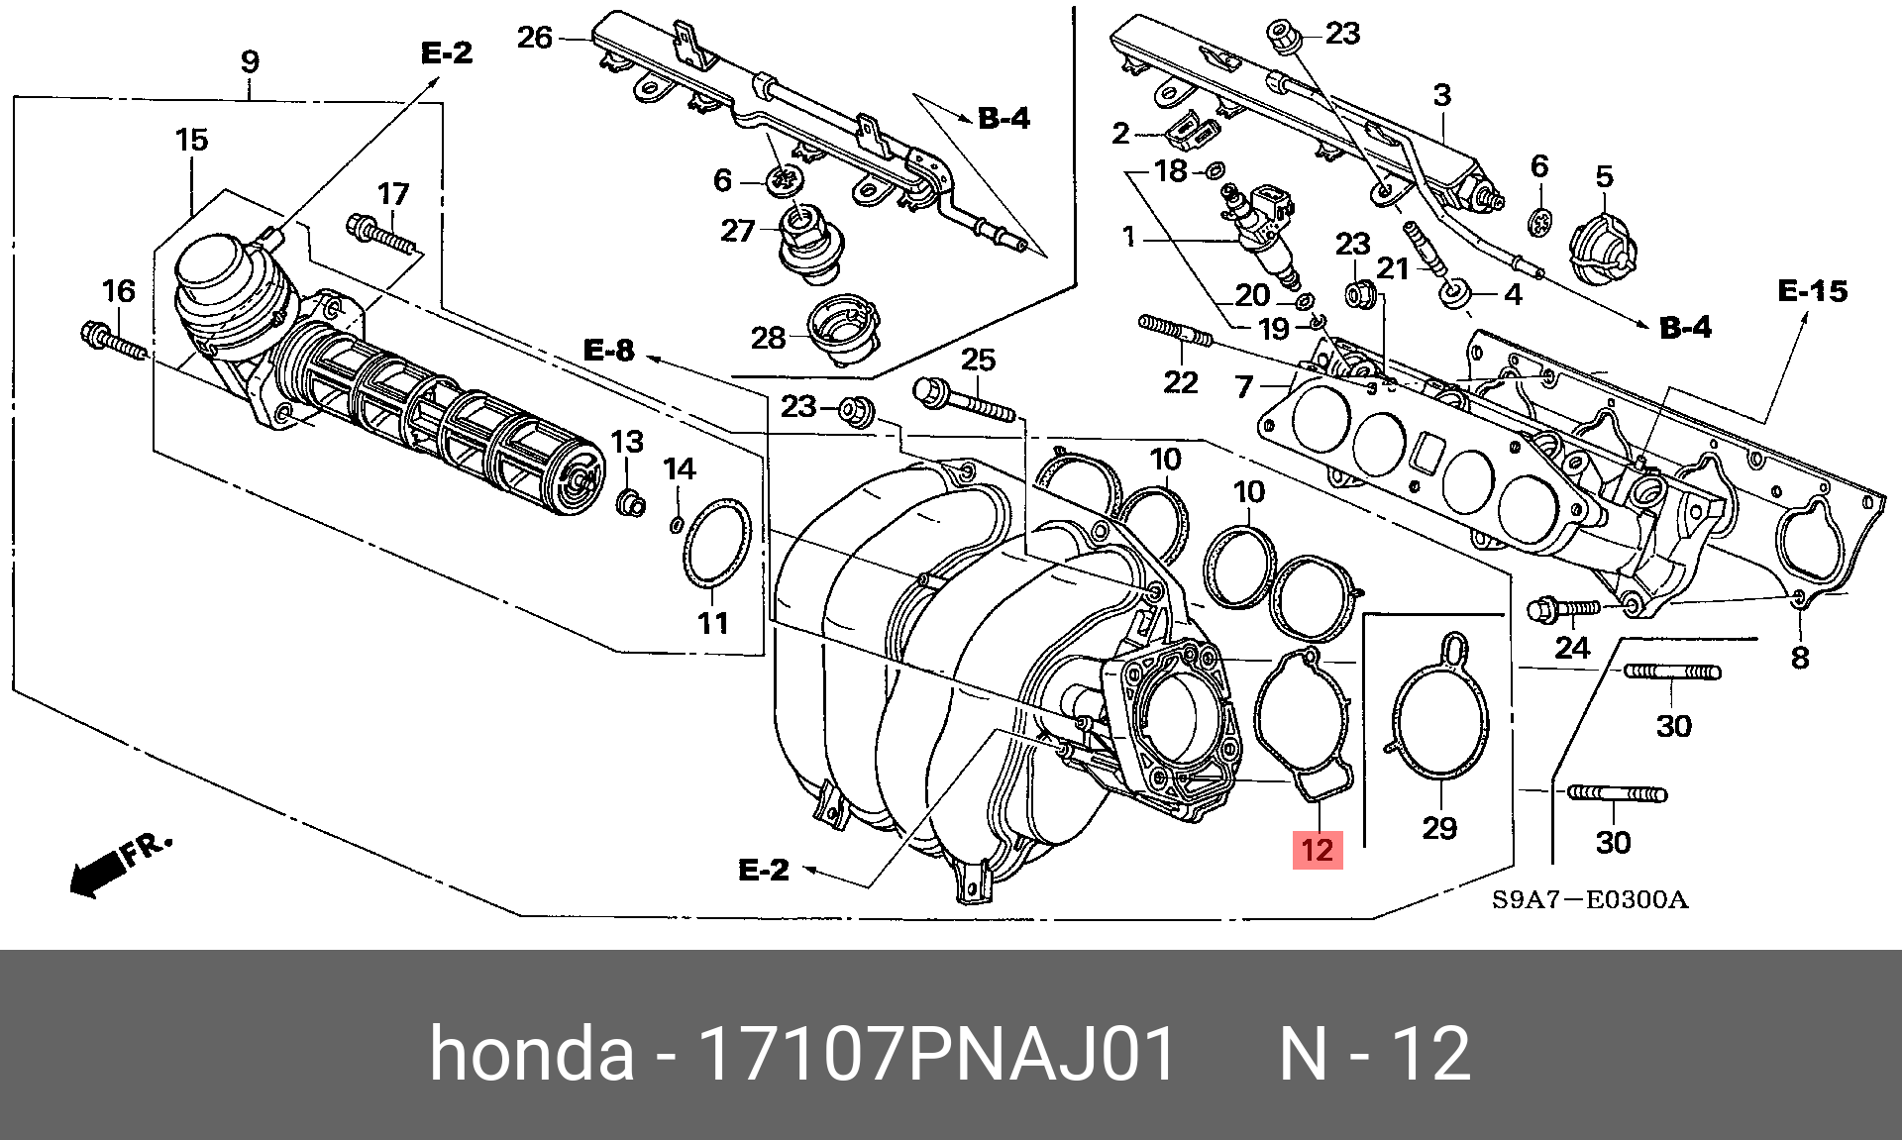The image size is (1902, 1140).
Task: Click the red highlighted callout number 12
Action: coord(1318,850)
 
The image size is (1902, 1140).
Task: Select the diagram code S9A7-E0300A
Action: coord(1590,900)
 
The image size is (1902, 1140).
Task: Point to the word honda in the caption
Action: coord(531,1053)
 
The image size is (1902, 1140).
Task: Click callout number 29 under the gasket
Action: coord(1439,828)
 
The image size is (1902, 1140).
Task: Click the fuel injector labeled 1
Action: coord(1259,228)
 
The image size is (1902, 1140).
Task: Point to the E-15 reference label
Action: coord(1812,291)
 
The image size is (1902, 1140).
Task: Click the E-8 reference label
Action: coord(608,351)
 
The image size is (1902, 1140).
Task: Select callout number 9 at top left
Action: coord(250,61)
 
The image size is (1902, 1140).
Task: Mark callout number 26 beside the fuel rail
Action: coord(534,38)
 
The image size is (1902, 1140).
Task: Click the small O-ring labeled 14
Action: coord(677,524)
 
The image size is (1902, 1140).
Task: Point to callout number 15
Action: coord(192,140)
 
